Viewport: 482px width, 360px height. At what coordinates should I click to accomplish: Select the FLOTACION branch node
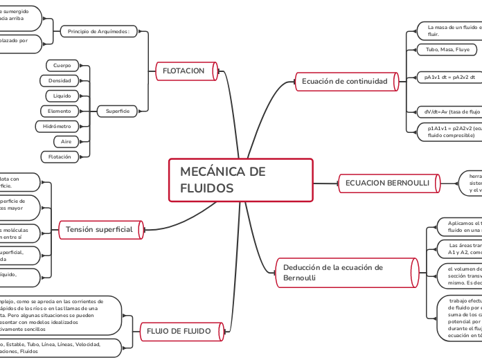click(183, 71)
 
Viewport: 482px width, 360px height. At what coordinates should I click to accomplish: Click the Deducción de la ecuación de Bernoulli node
click(344, 272)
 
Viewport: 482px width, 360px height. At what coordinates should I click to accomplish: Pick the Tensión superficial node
click(99, 229)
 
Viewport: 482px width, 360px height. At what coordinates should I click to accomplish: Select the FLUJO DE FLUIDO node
click(179, 332)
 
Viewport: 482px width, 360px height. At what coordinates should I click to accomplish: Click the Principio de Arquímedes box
click(100, 31)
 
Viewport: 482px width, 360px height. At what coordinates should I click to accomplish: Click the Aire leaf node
click(66, 141)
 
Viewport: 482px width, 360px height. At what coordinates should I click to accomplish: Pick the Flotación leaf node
click(60, 157)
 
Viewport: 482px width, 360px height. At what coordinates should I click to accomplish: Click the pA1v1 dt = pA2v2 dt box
click(450, 78)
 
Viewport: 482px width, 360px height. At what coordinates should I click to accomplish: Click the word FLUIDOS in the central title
click(206, 188)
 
